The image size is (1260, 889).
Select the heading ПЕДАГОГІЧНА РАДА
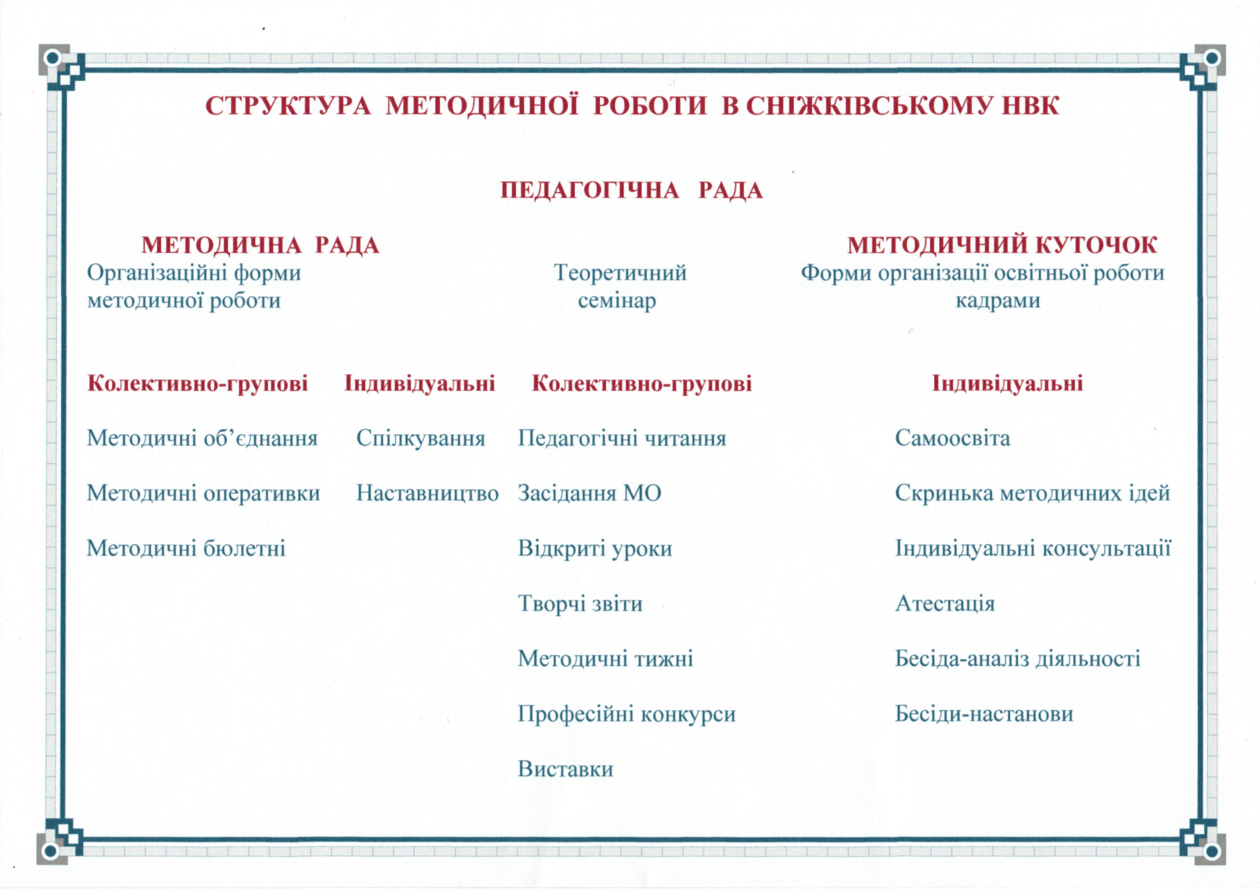pos(632,190)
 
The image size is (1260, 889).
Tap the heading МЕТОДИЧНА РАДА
pos(260,245)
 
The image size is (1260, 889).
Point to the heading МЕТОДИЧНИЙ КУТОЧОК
pos(1002,245)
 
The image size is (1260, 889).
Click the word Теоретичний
pos(620,273)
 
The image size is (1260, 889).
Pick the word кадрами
pos(998,301)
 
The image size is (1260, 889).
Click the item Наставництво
pos(427,494)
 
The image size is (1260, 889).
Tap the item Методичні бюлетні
pos(186,548)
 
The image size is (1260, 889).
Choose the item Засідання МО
pos(590,494)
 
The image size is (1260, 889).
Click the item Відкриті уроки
pos(595,548)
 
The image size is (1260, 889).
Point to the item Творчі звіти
pos(580,604)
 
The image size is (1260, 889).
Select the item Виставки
pos(565,769)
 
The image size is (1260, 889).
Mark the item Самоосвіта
pos(952,438)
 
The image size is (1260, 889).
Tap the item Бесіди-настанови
pos(984,714)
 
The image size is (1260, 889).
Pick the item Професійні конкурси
pos(626,714)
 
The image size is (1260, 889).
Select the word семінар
pos(617,301)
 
